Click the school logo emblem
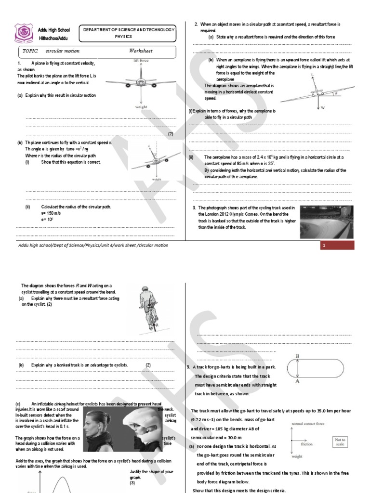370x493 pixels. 23,34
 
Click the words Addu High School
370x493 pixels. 53,30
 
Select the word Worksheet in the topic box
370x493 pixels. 141,51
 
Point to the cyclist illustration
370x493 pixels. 148,309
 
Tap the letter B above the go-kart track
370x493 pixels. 297,356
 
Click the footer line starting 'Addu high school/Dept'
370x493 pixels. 92,245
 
